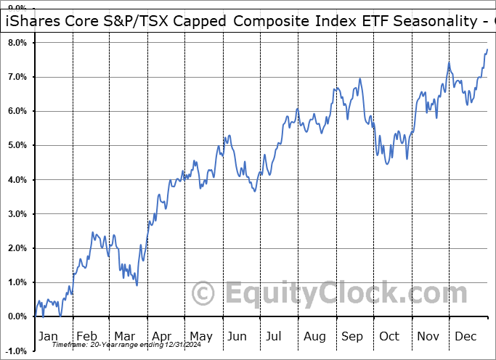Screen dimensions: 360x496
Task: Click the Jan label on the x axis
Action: (47, 337)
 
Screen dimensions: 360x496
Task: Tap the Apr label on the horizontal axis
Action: (160, 337)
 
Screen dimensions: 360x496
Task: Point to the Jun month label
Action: (237, 337)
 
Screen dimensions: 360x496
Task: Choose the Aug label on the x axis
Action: (315, 337)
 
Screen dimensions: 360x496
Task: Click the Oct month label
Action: (390, 337)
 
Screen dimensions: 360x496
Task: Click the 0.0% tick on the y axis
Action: (17, 316)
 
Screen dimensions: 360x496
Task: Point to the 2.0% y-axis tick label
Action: (17, 248)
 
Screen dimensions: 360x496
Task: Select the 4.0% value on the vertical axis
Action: (17, 180)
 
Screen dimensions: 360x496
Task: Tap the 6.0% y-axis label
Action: (17, 111)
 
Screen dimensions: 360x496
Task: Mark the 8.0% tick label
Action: (17, 43)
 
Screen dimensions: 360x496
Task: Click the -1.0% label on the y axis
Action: (15, 351)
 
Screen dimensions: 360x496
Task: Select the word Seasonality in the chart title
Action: (423, 22)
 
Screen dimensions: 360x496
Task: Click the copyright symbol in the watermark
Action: (203, 293)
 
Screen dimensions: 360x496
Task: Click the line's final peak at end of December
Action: (487, 49)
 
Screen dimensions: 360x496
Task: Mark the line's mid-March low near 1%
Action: (137, 284)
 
